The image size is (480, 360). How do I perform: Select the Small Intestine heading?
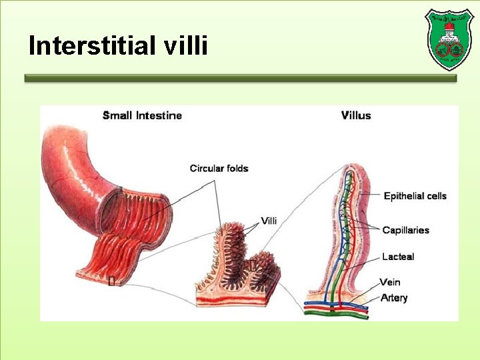click(x=142, y=115)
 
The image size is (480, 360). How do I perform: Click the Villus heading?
click(x=356, y=115)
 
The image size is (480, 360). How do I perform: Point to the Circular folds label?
click(x=219, y=168)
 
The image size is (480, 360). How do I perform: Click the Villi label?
click(x=269, y=221)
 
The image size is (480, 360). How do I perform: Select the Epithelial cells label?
click(x=415, y=195)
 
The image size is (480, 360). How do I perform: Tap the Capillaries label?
click(x=405, y=230)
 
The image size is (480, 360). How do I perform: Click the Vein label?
click(x=390, y=282)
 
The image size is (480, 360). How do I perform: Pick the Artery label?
click(x=393, y=297)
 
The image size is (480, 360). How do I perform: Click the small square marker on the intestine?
click(x=111, y=281)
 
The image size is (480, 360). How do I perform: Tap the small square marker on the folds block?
click(x=252, y=267)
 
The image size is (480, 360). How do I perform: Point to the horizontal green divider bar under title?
click(x=240, y=78)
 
